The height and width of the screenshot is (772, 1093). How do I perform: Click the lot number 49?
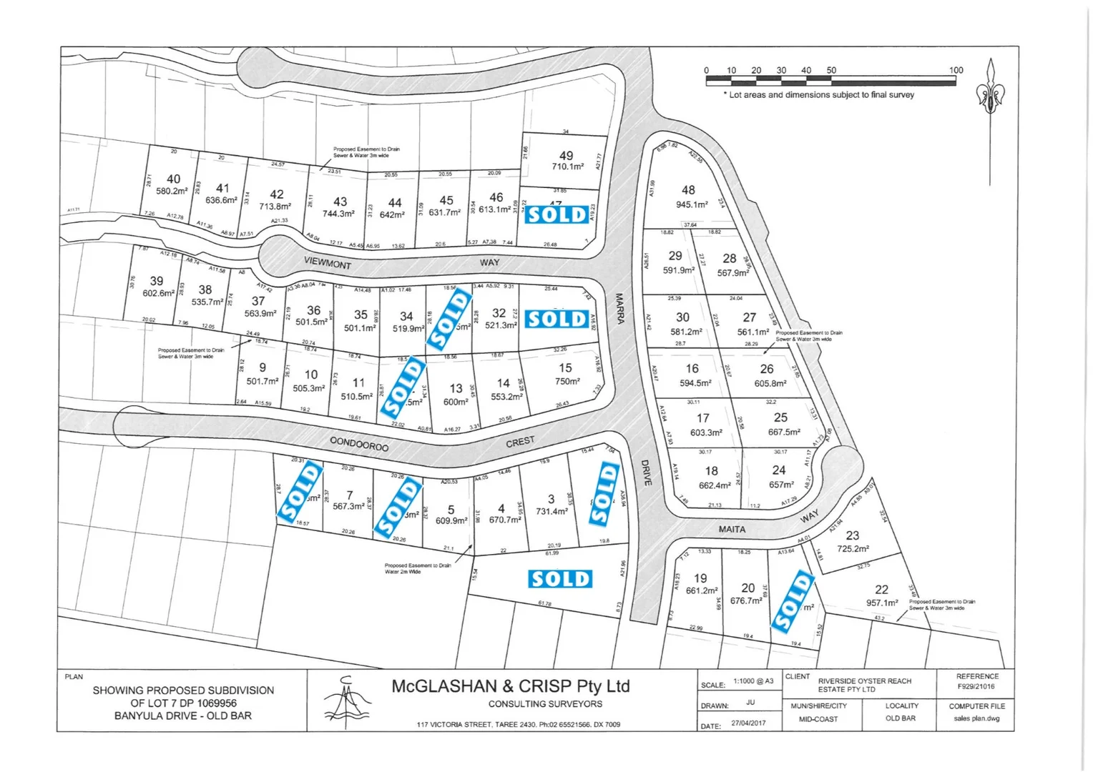566,155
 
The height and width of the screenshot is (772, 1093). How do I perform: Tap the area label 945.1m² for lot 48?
692,204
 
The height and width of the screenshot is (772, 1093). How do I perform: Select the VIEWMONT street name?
328,262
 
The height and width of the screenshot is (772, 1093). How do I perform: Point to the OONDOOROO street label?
359,445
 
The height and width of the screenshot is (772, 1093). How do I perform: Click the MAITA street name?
732,530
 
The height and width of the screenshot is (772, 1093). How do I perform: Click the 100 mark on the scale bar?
956,70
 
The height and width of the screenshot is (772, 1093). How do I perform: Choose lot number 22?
881,589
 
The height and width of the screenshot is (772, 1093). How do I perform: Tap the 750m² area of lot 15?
567,382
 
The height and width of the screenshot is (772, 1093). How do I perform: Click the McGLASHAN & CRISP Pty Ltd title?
510,686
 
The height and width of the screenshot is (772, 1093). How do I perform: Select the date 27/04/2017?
748,723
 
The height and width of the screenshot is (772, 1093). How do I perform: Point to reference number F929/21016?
976,687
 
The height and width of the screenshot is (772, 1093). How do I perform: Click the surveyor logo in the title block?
347,700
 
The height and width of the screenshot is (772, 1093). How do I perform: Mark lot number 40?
173,179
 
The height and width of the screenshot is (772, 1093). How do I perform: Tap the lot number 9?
263,367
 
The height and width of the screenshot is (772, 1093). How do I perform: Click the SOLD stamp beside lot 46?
557,214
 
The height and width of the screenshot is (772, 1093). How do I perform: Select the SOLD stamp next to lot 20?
793,602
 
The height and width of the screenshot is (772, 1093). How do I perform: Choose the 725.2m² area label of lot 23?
853,549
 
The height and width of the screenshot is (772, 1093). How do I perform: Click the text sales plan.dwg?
976,718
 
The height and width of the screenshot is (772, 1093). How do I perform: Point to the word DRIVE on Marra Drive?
647,472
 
